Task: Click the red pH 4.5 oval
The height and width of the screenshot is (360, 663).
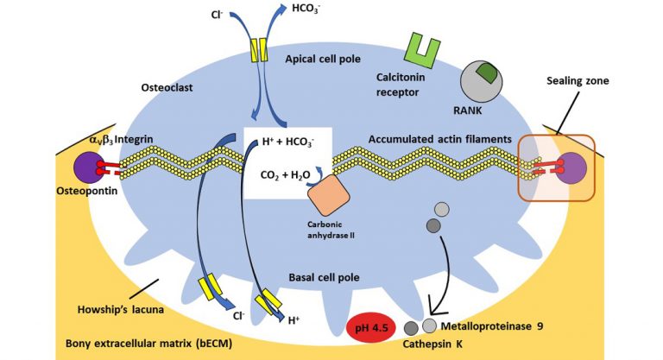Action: pos(376,328)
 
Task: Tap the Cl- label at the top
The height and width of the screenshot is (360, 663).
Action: pos(218,15)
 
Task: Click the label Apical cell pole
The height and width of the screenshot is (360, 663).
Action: pos(321,58)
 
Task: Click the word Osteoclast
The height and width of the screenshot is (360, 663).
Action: pos(171,87)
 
